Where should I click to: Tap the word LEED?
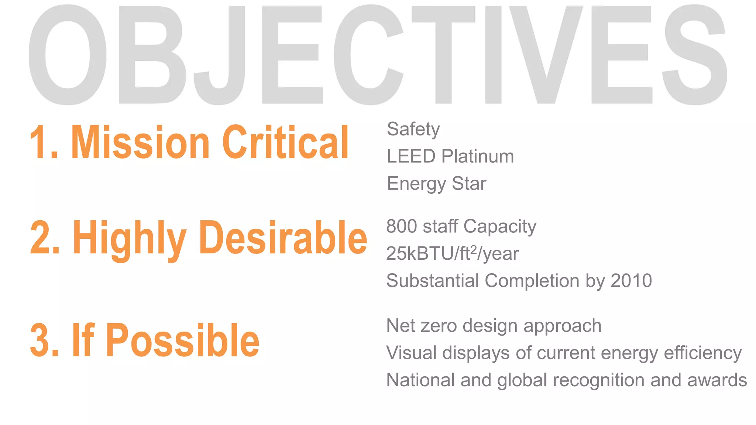click(411, 156)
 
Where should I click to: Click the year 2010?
click(631, 281)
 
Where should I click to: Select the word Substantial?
click(432, 281)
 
